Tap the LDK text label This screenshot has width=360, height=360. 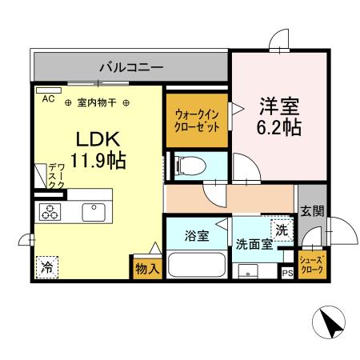(94, 138)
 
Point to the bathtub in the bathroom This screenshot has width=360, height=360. (196, 263)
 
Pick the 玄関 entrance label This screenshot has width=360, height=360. (311, 211)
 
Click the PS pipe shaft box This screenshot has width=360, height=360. (287, 273)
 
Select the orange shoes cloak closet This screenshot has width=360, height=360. (311, 263)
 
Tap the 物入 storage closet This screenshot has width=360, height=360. (147, 269)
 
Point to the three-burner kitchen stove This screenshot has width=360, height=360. (50, 212)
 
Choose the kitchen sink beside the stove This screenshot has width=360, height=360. (94, 212)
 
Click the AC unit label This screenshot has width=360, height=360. (48, 99)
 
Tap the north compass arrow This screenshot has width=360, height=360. (330, 324)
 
